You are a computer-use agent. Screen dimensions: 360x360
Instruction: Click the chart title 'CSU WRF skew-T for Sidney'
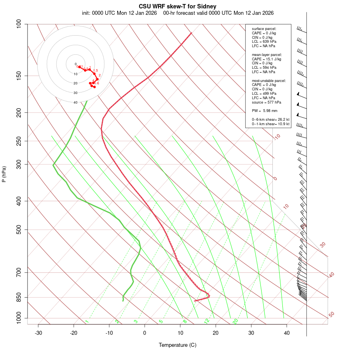pos(178,6)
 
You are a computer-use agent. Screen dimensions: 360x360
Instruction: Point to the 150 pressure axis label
pos(18,76)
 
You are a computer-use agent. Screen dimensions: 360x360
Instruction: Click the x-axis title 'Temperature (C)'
pos(178,345)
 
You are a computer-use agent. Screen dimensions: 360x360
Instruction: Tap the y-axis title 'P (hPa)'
pos(4,174)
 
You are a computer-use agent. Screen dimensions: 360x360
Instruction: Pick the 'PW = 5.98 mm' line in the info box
pos(264,110)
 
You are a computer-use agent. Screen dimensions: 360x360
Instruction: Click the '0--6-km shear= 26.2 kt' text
pos(270,119)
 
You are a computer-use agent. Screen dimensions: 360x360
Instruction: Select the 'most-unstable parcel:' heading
pos(269,80)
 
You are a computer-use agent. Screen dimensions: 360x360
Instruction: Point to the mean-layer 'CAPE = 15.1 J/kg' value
pos(266,59)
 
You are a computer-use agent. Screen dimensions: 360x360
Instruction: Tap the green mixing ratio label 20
pos(235,321)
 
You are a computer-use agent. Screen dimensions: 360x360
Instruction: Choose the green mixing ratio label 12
pos(207,321)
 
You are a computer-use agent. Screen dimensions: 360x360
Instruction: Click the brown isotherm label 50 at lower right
pos(331,315)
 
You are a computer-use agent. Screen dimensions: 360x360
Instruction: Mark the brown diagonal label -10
pos(277,137)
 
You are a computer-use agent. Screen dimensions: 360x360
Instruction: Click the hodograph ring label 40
pos(75,102)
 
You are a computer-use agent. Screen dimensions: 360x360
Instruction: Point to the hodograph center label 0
pos(75,64)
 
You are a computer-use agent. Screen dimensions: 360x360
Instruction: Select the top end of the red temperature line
pos(191,33)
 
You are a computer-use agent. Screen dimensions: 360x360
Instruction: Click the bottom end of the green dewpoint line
pos(123,300)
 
